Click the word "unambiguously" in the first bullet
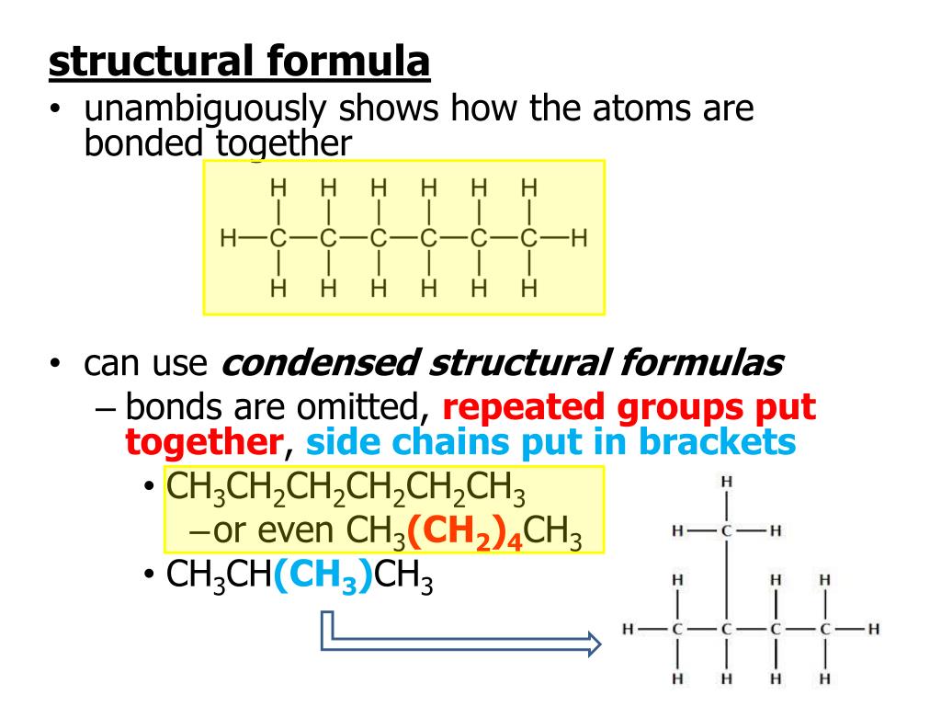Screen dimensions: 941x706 [201, 109]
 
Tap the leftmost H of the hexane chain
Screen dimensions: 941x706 [229, 239]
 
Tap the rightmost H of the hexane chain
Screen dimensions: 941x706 [579, 239]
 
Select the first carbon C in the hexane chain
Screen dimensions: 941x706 [278, 239]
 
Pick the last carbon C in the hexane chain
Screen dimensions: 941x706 [528, 239]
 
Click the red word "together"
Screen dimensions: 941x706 [203, 442]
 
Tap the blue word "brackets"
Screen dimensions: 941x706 [719, 442]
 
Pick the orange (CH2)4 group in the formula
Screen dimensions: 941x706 [465, 530]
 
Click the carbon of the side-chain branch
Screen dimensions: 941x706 [727, 530]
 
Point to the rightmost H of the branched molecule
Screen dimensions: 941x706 [874, 630]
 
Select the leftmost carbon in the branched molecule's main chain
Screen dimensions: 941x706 [677, 630]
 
